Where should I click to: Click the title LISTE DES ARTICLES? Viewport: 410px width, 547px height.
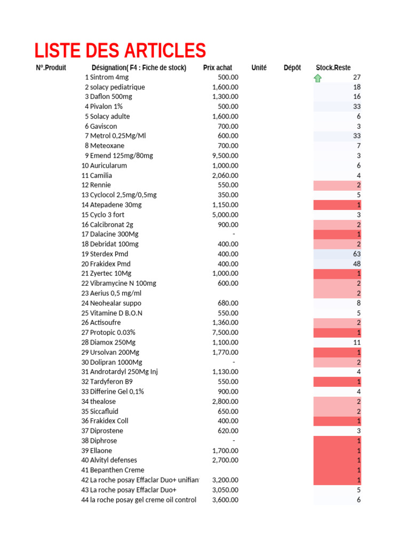(x=120, y=51)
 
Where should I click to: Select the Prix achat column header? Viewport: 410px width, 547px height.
(x=217, y=68)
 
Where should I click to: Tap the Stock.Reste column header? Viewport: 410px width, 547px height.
(x=333, y=68)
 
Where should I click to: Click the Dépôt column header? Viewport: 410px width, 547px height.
(x=292, y=68)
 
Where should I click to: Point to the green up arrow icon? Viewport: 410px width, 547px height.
(x=318, y=78)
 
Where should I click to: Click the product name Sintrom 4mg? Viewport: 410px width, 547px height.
(x=109, y=77)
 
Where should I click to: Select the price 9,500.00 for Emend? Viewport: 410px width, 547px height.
(x=225, y=156)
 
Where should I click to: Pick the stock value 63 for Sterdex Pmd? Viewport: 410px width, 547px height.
(x=357, y=254)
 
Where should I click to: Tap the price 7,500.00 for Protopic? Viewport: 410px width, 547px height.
(x=225, y=333)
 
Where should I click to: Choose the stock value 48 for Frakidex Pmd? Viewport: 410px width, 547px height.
(x=357, y=264)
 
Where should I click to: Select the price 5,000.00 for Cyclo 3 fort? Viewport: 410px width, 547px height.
(x=225, y=215)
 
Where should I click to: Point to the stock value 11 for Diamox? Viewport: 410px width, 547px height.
(x=357, y=342)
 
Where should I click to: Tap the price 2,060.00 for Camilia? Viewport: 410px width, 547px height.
(x=225, y=176)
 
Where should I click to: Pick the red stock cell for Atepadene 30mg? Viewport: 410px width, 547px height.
(x=337, y=205)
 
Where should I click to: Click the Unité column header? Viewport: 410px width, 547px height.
(x=259, y=68)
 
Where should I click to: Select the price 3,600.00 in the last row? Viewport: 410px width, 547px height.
(x=225, y=500)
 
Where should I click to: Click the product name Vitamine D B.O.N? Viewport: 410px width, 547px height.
(x=116, y=313)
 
